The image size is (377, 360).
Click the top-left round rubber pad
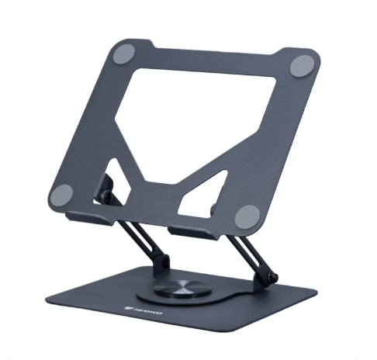pos(123,56)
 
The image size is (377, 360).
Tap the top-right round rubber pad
pos(302,67)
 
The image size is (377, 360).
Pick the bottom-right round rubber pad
pos(246,216)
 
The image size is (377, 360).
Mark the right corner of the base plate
pos(314,293)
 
